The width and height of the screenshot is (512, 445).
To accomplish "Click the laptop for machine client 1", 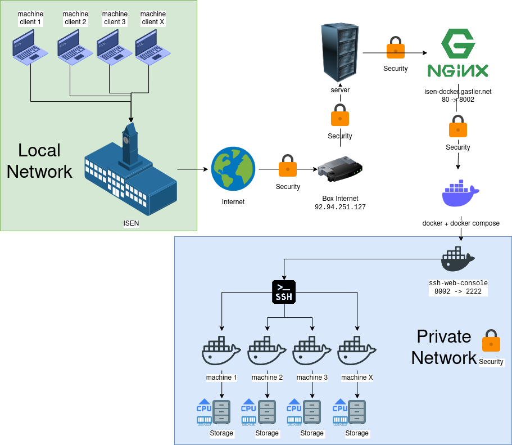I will (31, 47).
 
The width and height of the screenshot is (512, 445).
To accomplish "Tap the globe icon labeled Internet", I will (233, 169).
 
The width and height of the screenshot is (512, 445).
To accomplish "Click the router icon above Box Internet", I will (339, 172).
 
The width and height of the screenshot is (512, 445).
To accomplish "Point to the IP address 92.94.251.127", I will (340, 207).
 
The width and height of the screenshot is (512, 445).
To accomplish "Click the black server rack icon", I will (340, 52).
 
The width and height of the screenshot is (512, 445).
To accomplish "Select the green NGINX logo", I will (457, 53).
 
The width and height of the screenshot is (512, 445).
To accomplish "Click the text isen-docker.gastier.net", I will (458, 91).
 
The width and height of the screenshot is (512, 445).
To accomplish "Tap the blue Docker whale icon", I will (460, 195).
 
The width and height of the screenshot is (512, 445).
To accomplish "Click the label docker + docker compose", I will (461, 223).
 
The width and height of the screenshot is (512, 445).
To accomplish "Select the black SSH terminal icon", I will (283, 291).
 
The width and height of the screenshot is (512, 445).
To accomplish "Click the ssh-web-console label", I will (458, 283).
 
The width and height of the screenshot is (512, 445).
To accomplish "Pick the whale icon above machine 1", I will (221, 352).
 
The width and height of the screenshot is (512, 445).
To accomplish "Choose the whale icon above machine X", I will (357, 352).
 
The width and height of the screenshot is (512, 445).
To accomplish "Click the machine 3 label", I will (312, 377).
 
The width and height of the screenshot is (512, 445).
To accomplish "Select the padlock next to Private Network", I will (491, 341).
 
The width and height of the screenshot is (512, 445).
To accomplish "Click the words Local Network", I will (39, 161).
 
